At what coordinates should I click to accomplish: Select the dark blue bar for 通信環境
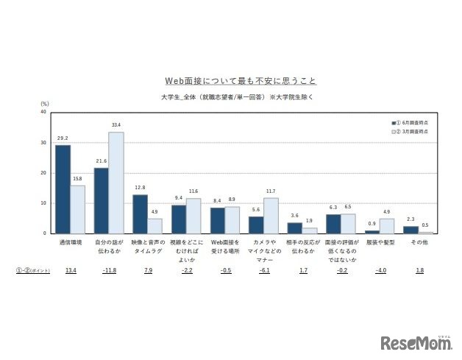pyautogui.click(x=63, y=188)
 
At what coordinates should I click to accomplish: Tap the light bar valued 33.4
pyautogui.click(x=115, y=183)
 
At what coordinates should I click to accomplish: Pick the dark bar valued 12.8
pyautogui.click(x=140, y=213)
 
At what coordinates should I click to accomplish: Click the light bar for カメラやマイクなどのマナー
pyautogui.click(x=271, y=215)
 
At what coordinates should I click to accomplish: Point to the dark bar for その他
pyautogui.click(x=411, y=230)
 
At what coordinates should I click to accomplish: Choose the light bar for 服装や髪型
pyautogui.click(x=387, y=225)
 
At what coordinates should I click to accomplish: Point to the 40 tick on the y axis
pyautogui.click(x=44, y=113)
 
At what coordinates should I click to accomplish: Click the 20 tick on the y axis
pyautogui.click(x=44, y=173)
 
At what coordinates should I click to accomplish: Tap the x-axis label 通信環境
pyautogui.click(x=71, y=241)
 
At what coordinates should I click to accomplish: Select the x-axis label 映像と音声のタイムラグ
pyautogui.click(x=148, y=246)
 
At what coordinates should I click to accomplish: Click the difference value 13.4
pyautogui.click(x=71, y=271)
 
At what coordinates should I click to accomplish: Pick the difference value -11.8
pyautogui.click(x=109, y=271)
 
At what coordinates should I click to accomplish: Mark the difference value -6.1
pyautogui.click(x=263, y=271)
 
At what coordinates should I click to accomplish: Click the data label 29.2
pyautogui.click(x=63, y=138)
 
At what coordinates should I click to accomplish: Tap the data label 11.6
pyautogui.click(x=193, y=191)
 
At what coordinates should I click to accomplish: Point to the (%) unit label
pyautogui.click(x=44, y=105)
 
